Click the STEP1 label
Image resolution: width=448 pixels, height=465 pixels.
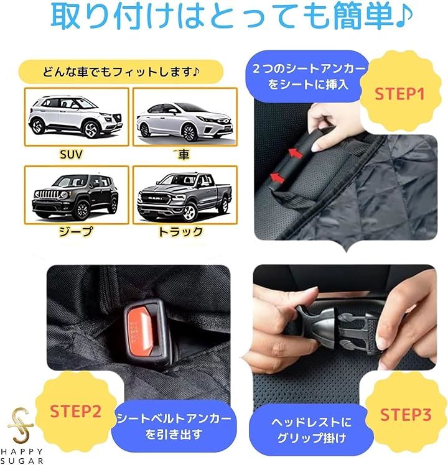click(399, 94)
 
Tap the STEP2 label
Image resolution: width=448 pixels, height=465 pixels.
click(76, 412)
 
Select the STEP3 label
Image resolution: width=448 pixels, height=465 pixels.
click(406, 414)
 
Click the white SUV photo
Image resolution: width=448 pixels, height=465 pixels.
click(77, 116)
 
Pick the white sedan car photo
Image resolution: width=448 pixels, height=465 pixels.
click(185, 116)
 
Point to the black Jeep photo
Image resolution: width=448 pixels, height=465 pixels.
click(77, 195)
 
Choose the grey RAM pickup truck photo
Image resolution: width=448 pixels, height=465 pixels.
click(185, 195)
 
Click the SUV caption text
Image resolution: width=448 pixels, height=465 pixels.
click(71, 155)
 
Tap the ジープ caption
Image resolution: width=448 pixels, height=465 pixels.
click(76, 231)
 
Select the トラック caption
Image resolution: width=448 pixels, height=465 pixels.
click(180, 232)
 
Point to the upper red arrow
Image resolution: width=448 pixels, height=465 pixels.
click(296, 153)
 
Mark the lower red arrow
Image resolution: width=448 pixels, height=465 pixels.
click(277, 177)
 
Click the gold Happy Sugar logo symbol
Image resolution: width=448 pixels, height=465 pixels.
click(20, 424)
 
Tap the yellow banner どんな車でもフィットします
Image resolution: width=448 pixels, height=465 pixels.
click(121, 71)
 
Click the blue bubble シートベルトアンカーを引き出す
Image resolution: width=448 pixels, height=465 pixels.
click(174, 426)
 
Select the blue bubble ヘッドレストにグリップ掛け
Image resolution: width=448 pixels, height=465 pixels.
click(311, 430)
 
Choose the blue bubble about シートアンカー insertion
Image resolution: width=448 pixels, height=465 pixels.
click(307, 76)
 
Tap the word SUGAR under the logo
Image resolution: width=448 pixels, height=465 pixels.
click(22, 461)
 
